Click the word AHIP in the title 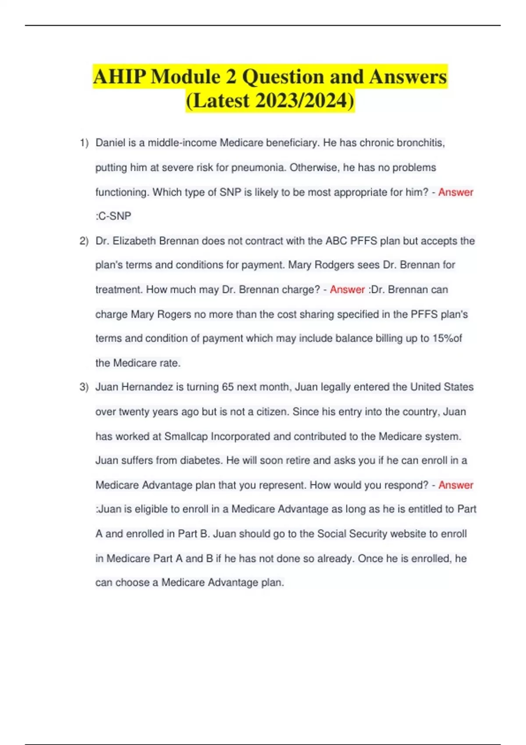tap(119, 77)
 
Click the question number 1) tap(84, 143)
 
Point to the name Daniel tap(110, 143)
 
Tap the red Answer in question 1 tap(455, 192)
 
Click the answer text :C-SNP tap(114, 216)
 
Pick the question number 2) tap(84, 241)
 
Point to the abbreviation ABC tap(336, 241)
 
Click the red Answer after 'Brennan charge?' tap(347, 290)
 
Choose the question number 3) tap(84, 387)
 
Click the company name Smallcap tap(186, 436)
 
